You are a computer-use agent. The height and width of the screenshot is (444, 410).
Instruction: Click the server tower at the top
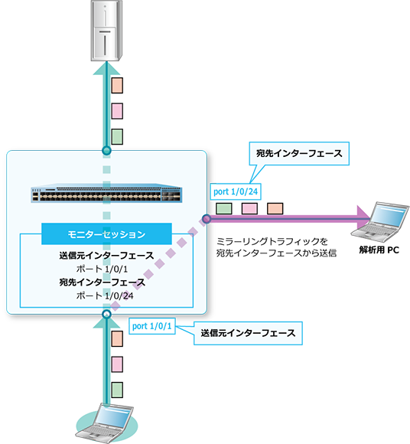[x=106, y=31]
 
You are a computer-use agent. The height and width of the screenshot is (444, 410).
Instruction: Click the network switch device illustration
[x=106, y=193]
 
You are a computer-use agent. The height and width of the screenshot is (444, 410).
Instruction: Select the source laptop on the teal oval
[x=104, y=423]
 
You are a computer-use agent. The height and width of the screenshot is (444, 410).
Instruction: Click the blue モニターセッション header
[x=106, y=234]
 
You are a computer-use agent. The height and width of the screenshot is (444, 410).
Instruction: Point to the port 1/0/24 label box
[x=236, y=191]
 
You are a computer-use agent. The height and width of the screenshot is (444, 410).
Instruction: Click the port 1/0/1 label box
[x=152, y=326]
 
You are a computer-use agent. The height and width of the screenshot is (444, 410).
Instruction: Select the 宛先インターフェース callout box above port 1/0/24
[x=299, y=153]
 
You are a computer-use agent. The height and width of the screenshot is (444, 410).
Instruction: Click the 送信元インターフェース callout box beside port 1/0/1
[x=248, y=333]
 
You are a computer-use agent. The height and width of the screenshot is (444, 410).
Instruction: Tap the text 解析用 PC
[x=379, y=250]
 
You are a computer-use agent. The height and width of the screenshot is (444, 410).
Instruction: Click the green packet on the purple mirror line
[x=224, y=209]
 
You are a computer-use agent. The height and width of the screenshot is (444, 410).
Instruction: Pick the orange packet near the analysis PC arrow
[x=275, y=209]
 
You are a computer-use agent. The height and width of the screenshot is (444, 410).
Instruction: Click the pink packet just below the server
[x=117, y=111]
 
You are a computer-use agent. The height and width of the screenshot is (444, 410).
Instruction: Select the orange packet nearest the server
[x=117, y=86]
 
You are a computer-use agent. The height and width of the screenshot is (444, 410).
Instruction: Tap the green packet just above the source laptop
[x=117, y=390]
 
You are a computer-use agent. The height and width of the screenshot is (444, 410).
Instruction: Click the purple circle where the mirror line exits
[x=207, y=219]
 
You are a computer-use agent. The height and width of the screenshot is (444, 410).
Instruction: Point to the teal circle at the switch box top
[x=106, y=150]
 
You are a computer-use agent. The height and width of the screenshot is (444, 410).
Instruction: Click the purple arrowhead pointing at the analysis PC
[x=363, y=217]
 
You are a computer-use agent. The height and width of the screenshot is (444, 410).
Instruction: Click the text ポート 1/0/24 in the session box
[x=105, y=296]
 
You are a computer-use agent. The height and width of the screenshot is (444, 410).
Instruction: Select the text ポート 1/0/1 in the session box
[x=102, y=269]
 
